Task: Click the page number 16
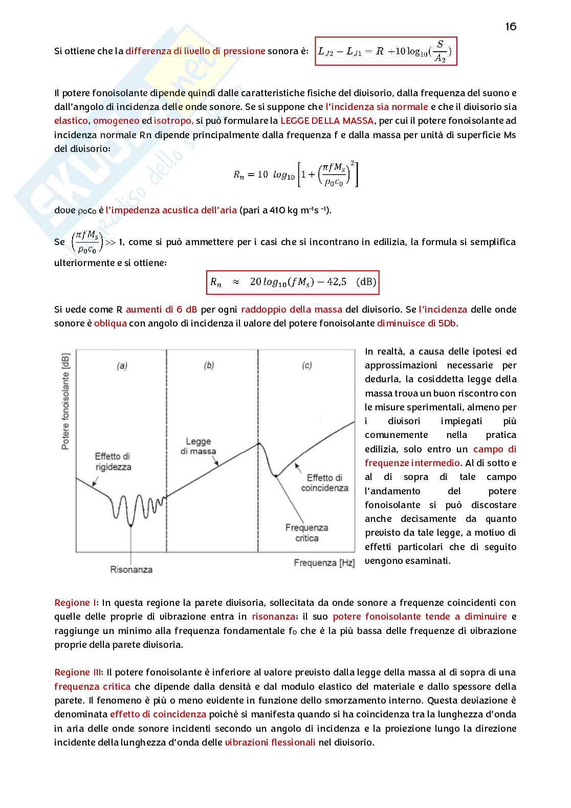coord(510,27)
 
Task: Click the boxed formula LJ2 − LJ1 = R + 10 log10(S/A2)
coord(385,51)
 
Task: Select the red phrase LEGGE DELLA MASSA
coord(327,121)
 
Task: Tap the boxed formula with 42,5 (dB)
coord(293,282)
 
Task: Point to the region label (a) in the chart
coord(122,365)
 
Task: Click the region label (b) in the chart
coord(209,365)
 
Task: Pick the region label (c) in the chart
coord(307,365)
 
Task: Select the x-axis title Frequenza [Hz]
coord(324,563)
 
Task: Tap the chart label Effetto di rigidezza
coord(113,462)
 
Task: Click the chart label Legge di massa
coord(198,446)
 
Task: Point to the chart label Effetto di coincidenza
coord(324,483)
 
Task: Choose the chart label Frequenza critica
coord(306,533)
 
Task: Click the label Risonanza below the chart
coord(131,570)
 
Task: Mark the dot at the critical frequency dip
coord(276,476)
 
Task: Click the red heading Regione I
coord(75,603)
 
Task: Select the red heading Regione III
coord(78,672)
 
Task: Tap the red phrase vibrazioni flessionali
coord(270,742)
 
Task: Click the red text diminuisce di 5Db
coord(417,323)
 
